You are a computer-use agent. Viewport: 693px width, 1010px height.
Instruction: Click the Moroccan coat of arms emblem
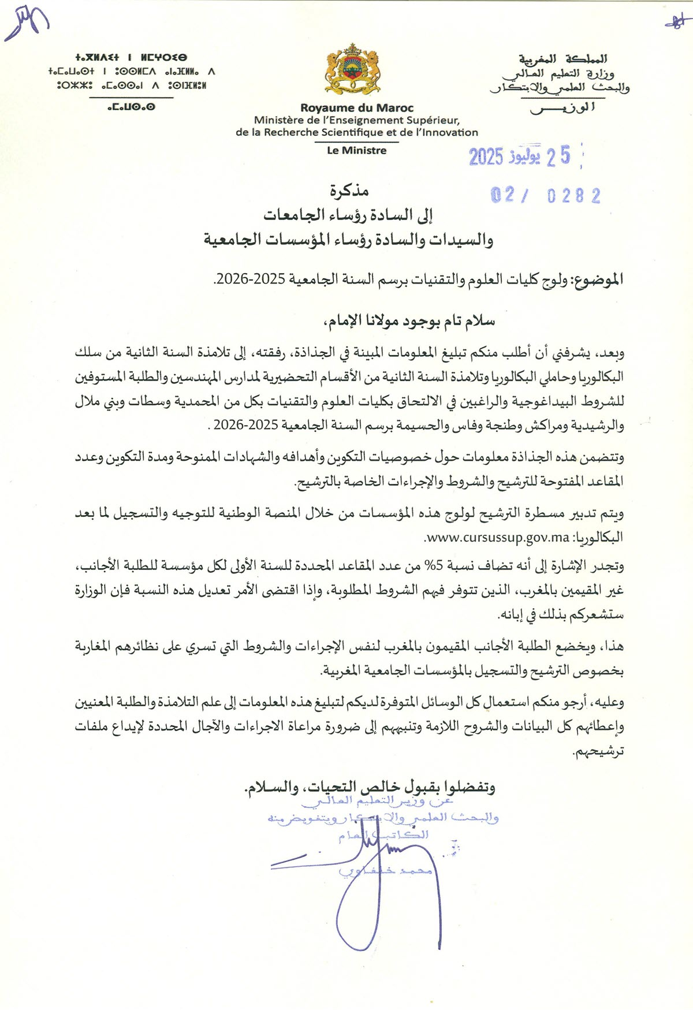[x=352, y=69]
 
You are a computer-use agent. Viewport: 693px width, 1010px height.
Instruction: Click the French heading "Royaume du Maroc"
[x=357, y=108]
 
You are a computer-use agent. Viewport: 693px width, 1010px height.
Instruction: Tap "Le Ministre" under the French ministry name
[x=357, y=151]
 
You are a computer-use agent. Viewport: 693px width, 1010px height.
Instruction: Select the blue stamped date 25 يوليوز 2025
[x=519, y=156]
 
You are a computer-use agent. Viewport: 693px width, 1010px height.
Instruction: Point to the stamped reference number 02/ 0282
[x=545, y=196]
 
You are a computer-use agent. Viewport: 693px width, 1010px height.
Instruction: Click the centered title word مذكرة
[x=349, y=191]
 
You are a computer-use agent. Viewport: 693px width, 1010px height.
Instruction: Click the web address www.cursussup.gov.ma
[x=498, y=537]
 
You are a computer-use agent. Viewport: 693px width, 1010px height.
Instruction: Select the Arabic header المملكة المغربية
[x=562, y=59]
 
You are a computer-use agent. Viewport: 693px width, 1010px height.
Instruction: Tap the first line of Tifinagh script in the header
[x=131, y=58]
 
